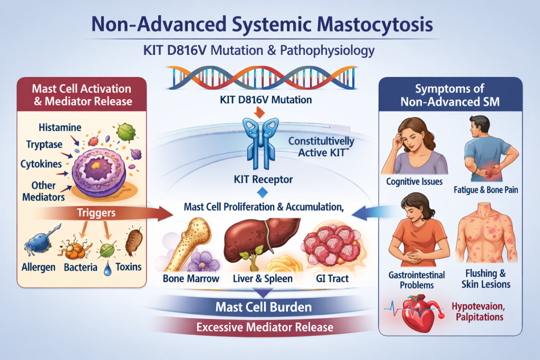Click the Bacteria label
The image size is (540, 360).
[80, 267]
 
